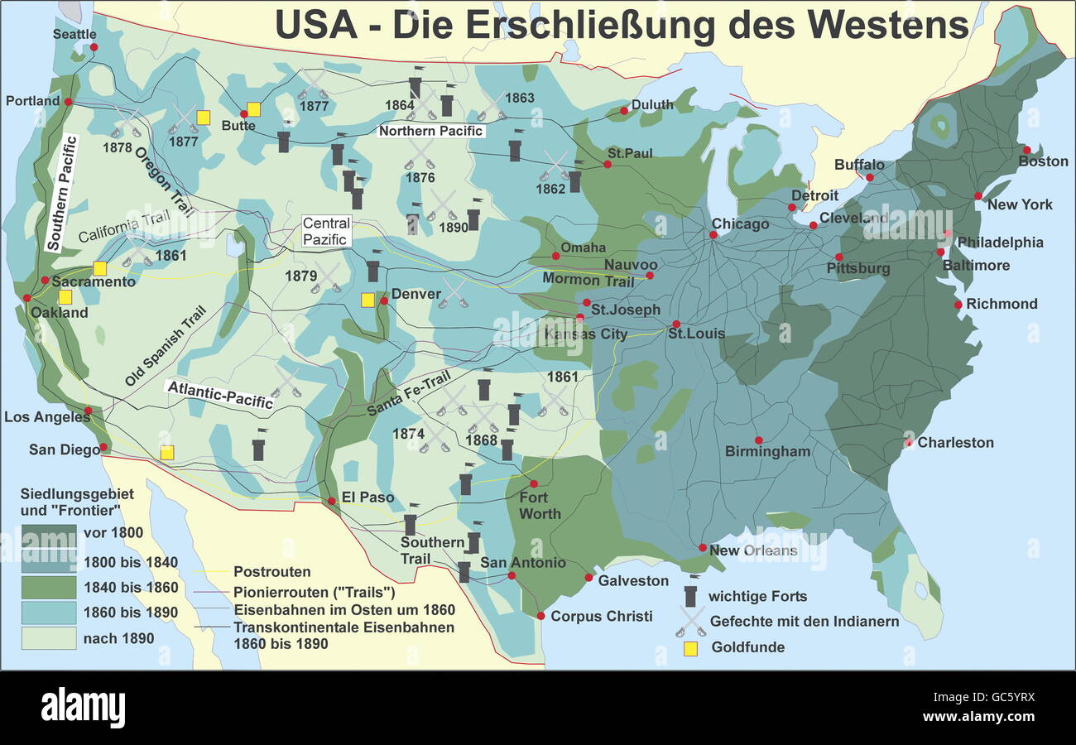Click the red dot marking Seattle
pos(94,47)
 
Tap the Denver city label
pos(417,294)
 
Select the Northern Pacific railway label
pos(431,131)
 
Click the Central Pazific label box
pos(326,231)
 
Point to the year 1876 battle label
pos(420,177)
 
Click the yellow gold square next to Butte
pos(254,109)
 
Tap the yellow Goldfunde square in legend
pos(691,648)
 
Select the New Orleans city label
pos(753,550)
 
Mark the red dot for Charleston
pos(909,442)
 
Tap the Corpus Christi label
pos(601,616)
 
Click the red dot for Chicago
pos(713,234)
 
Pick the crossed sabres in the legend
pos(691,621)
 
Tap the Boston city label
pos(1043,161)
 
